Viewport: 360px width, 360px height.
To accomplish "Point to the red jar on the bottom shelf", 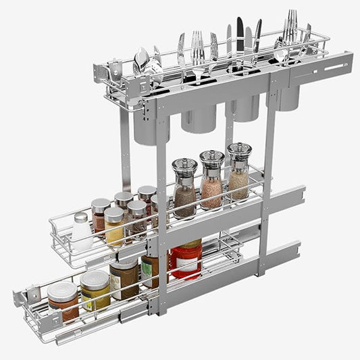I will (x=186, y=260).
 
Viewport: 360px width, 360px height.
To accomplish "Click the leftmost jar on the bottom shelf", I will (x=62, y=301).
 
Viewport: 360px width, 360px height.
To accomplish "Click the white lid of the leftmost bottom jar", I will (x=61, y=290).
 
